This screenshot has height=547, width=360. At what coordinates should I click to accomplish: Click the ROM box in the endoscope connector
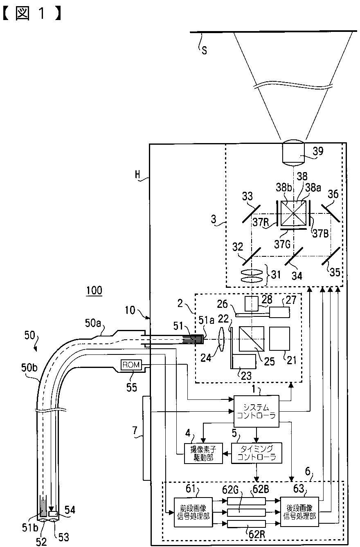click(131, 365)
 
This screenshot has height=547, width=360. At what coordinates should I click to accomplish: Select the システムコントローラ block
click(256, 411)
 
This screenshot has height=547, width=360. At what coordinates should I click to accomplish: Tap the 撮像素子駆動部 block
click(203, 453)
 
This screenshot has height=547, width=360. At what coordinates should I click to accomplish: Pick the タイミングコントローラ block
click(256, 453)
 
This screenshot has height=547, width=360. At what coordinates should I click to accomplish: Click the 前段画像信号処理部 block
click(193, 512)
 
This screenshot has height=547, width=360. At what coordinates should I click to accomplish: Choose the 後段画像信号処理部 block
click(299, 511)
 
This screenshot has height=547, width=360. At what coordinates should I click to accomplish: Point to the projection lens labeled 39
click(294, 152)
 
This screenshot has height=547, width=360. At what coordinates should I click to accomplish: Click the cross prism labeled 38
click(293, 213)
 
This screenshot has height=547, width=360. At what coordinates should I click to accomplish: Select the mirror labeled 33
click(251, 214)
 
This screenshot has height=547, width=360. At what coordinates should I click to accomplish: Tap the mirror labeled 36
click(330, 213)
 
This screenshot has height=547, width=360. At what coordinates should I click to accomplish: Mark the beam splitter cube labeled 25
click(251, 339)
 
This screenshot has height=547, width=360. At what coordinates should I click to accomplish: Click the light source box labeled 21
click(279, 339)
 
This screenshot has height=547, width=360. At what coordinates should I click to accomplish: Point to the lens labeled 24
click(221, 339)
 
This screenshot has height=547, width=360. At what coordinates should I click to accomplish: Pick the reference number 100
click(94, 290)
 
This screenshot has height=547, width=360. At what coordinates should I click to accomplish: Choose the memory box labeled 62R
click(246, 524)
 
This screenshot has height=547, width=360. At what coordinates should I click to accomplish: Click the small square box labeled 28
click(252, 303)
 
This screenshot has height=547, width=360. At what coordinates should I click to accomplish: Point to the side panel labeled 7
click(146, 438)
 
